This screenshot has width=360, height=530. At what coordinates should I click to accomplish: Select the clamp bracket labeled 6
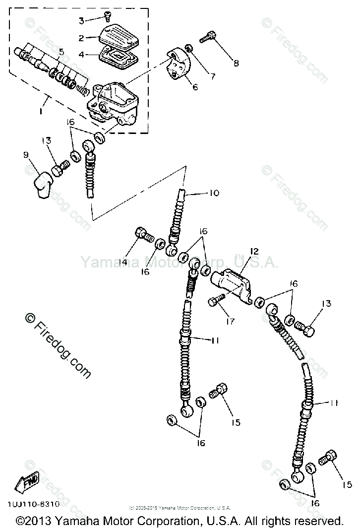point(179,65)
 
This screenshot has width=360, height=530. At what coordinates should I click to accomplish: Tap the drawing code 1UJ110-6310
point(34,504)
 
